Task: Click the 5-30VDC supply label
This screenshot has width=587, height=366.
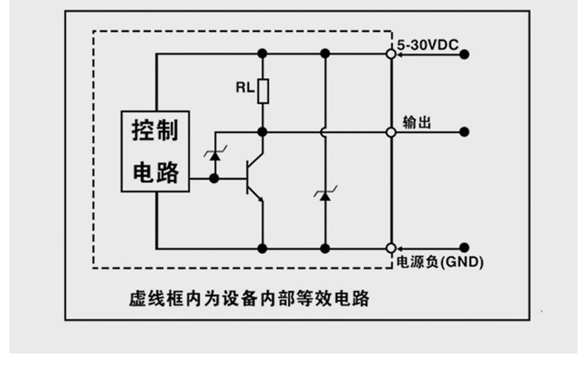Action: [427, 45]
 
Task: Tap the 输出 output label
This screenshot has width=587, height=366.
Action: [417, 123]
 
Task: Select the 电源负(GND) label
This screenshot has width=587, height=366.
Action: [440, 262]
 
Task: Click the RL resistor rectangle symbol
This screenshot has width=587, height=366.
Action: [263, 91]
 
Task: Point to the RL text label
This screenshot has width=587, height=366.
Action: [245, 88]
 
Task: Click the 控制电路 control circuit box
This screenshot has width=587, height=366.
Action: [155, 151]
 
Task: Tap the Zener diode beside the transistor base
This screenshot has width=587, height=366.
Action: [215, 154]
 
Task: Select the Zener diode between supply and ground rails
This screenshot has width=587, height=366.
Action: [325, 194]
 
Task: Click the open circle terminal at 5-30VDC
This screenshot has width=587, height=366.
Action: [391, 54]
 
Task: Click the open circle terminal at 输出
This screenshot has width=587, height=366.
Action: [391, 132]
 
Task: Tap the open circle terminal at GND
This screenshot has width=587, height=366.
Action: [391, 248]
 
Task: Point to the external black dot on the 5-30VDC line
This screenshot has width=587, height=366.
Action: [464, 55]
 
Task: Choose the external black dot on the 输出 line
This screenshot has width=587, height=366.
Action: [464, 132]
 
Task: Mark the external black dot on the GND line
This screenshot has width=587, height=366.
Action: [464, 248]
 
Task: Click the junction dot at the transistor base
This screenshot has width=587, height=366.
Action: [214, 179]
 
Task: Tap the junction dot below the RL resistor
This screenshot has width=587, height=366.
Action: [262, 132]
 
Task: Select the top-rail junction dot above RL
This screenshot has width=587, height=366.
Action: [262, 54]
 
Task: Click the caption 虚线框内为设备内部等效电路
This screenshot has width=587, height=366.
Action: [250, 298]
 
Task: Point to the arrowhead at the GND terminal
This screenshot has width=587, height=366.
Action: [400, 248]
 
